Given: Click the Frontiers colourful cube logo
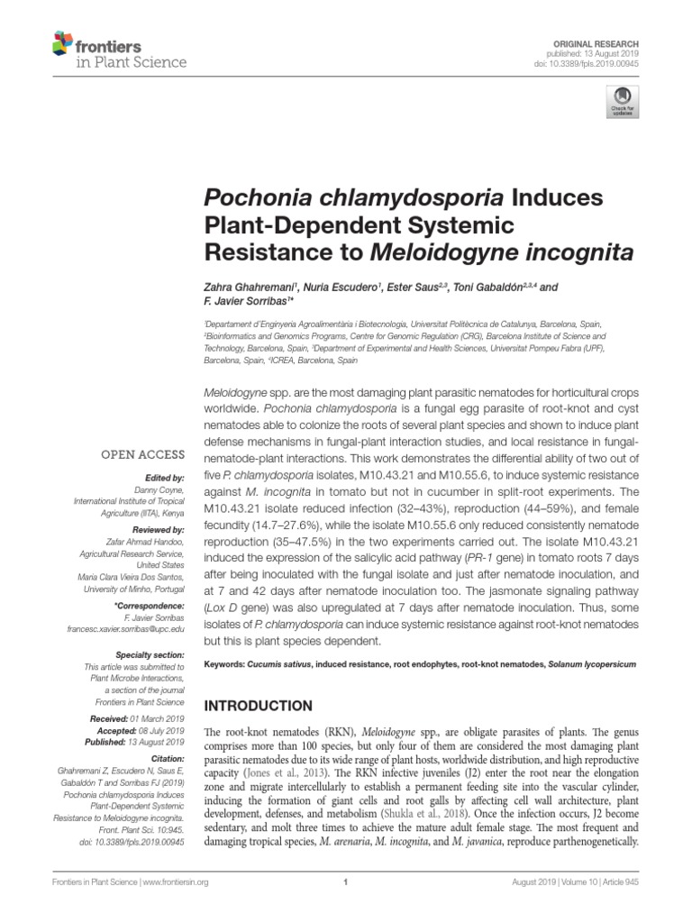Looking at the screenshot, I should point(62,42).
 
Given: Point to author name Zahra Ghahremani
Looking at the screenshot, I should point(244,287).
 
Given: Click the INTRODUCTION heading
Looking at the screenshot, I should point(262,705).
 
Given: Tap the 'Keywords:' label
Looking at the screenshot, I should point(228,663).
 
